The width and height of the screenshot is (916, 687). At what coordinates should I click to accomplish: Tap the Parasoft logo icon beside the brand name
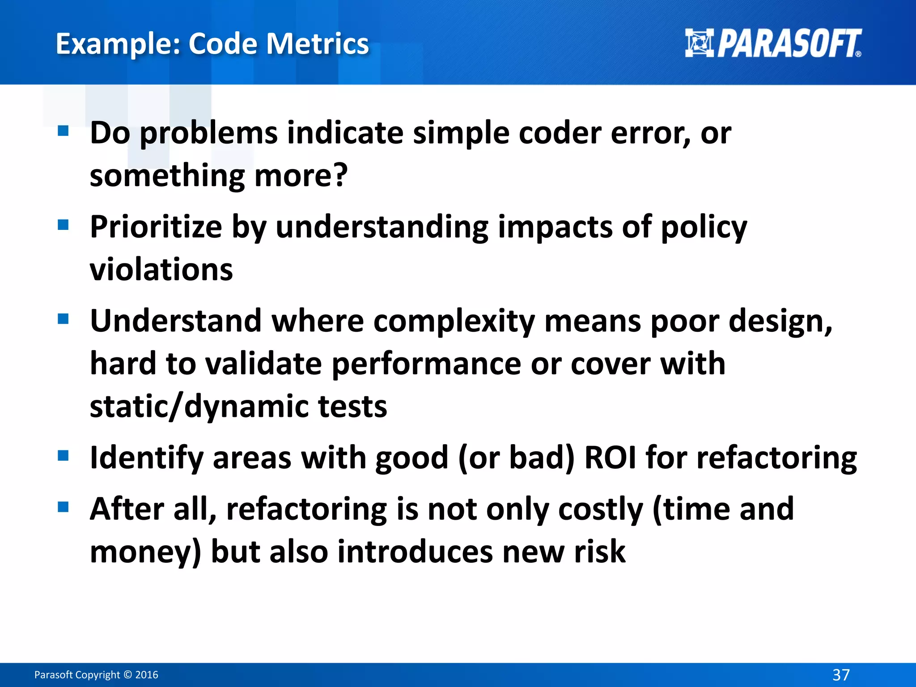pyautogui.click(x=700, y=43)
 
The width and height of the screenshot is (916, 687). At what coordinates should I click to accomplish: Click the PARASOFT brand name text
pyautogui.click(x=789, y=44)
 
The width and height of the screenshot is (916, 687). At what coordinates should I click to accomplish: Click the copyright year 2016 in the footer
pyautogui.click(x=147, y=675)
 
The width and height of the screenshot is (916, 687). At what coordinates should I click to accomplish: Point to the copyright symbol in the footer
pyautogui.click(x=127, y=675)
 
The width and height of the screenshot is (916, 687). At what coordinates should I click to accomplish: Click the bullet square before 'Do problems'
pyautogui.click(x=63, y=131)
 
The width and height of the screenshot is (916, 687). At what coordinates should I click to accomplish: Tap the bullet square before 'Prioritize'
pyautogui.click(x=63, y=225)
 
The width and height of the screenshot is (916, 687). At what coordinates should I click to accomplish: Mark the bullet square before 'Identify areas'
pyautogui.click(x=63, y=456)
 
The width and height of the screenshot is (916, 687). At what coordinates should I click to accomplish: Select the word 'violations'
pyautogui.click(x=161, y=270)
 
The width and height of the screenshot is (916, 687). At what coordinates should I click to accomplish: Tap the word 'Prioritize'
pyautogui.click(x=156, y=227)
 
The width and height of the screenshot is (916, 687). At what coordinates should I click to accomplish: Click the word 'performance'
pyautogui.click(x=426, y=364)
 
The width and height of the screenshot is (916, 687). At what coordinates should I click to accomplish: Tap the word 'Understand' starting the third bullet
pyautogui.click(x=175, y=321)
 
